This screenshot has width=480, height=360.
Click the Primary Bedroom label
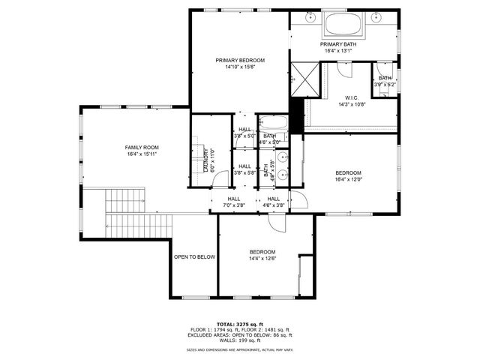[240, 60]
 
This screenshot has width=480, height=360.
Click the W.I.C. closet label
[352, 98]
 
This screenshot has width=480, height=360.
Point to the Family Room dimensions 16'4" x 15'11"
[142, 154]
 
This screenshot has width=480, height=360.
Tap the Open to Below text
[194, 256]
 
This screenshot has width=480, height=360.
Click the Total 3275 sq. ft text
[240, 323]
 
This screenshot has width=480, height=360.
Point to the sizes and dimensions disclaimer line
[240, 350]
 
